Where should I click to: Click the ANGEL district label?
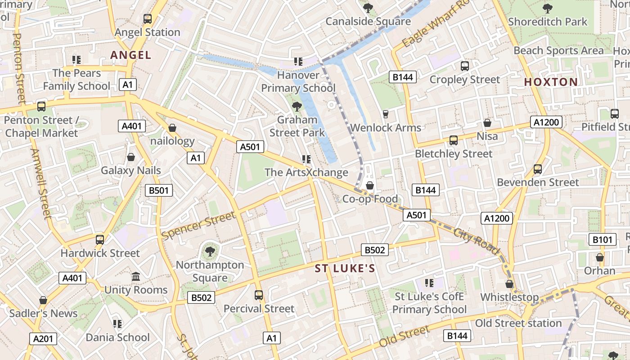click(x=131, y=55)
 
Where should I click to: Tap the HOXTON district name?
click(x=551, y=82)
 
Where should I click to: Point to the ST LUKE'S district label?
click(x=345, y=269)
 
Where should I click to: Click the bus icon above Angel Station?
click(x=148, y=19)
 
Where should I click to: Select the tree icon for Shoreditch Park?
click(x=548, y=8)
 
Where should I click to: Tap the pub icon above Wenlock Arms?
click(x=385, y=114)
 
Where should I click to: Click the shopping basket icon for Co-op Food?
click(x=370, y=185)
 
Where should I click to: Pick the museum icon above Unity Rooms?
click(x=136, y=276)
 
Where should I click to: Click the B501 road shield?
click(x=159, y=190)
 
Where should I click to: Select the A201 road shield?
click(x=43, y=339)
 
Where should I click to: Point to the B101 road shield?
click(x=602, y=239)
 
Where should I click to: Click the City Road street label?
click(x=477, y=241)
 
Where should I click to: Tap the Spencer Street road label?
click(x=198, y=226)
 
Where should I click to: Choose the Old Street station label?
click(x=518, y=323)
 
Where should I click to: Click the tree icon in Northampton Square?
click(x=210, y=251)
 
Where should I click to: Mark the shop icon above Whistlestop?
click(x=509, y=284)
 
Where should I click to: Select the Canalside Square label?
click(x=368, y=21)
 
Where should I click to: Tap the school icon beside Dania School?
click(x=117, y=324)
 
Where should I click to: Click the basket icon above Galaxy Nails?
click(x=131, y=157)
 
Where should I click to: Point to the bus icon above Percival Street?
click(x=259, y=295)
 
